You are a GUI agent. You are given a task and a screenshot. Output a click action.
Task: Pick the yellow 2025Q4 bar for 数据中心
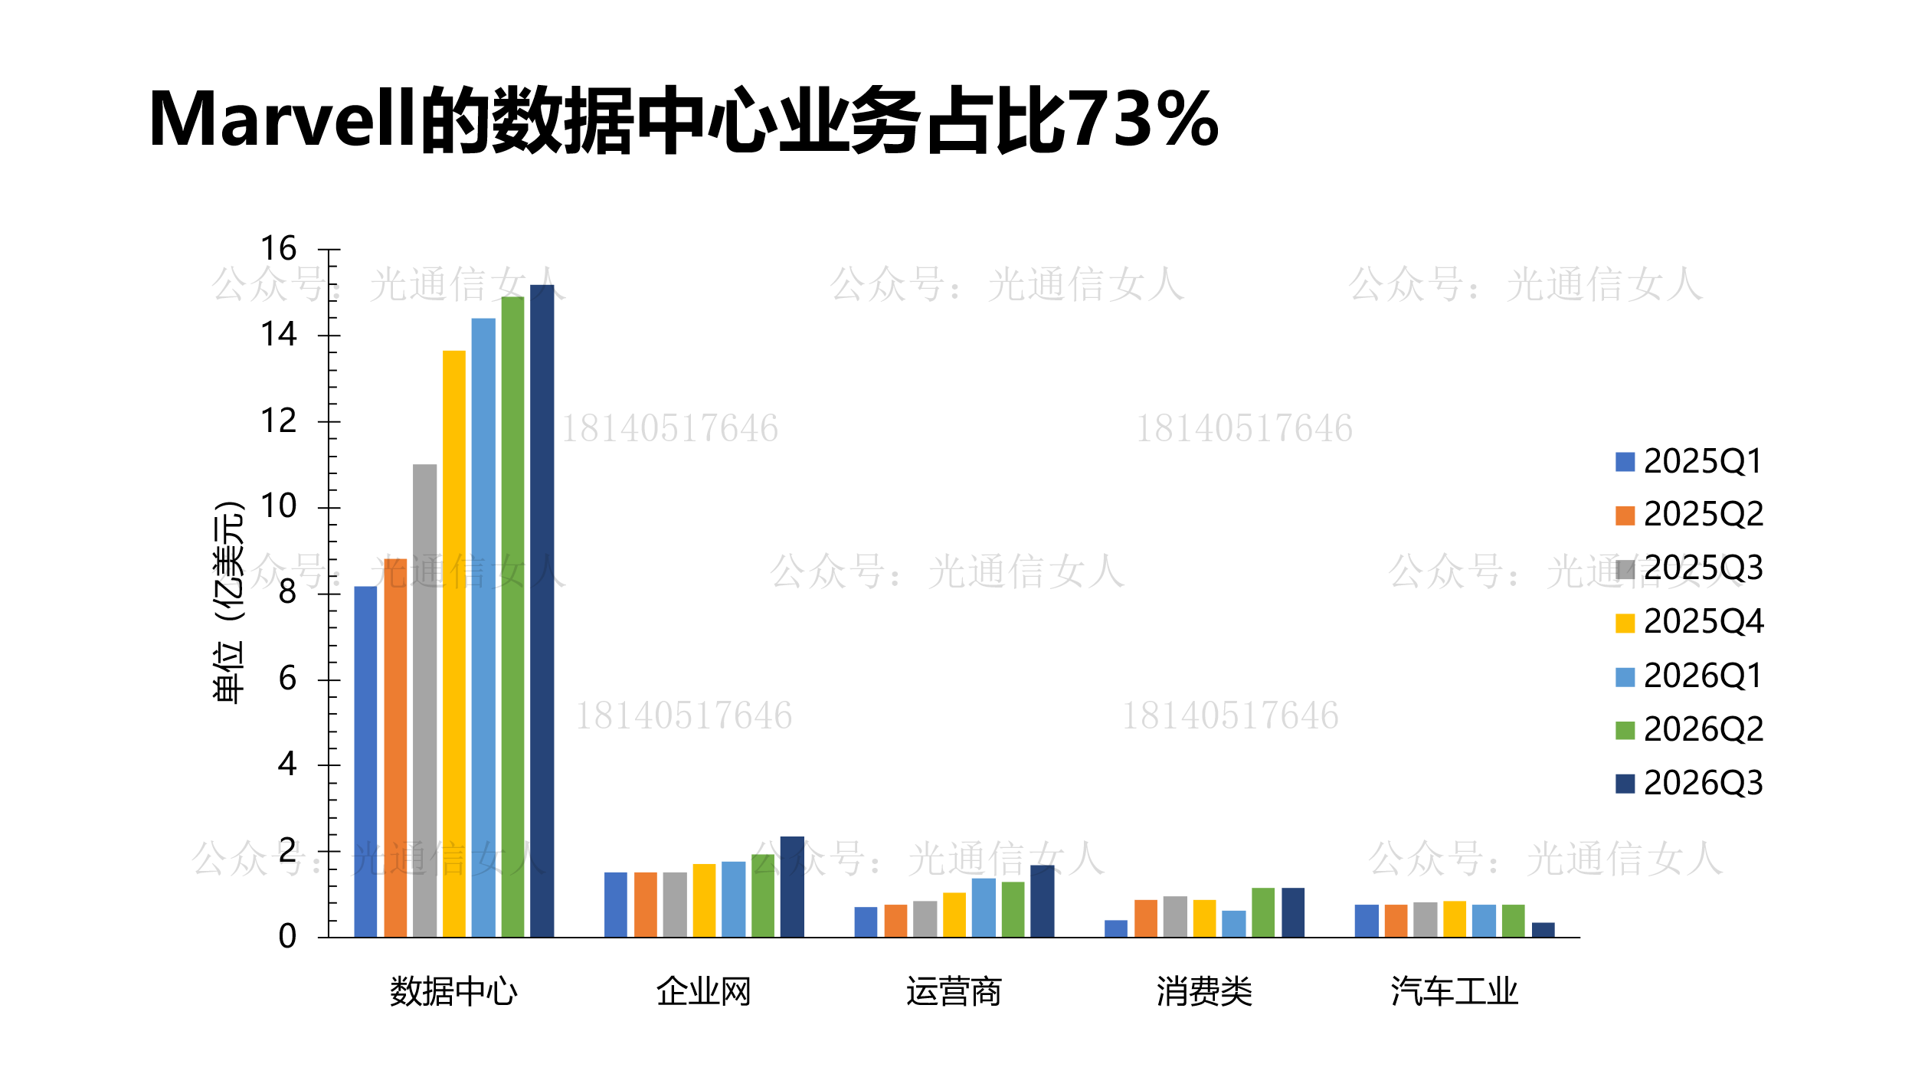(x=453, y=643)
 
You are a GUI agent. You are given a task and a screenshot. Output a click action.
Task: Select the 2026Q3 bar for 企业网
(x=792, y=886)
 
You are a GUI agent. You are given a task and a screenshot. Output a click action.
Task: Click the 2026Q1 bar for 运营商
(x=984, y=907)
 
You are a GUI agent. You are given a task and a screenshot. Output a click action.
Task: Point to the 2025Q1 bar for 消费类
(x=1116, y=928)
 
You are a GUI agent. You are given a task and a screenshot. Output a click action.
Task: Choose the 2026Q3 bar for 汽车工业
(x=1543, y=930)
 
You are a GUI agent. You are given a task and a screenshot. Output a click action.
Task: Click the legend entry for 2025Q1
(x=1688, y=462)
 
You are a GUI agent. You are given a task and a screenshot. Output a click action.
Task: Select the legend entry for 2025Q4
(x=1688, y=622)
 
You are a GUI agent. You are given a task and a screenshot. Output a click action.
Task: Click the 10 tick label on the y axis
(x=278, y=506)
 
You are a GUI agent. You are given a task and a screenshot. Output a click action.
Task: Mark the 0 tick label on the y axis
(x=287, y=936)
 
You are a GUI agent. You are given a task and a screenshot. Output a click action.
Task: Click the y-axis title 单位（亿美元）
(x=228, y=602)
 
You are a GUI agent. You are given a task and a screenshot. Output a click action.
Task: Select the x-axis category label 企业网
(x=703, y=992)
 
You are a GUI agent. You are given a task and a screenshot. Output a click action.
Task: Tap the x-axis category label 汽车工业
(x=1454, y=992)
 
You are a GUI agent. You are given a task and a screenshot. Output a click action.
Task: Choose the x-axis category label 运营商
(x=954, y=992)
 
